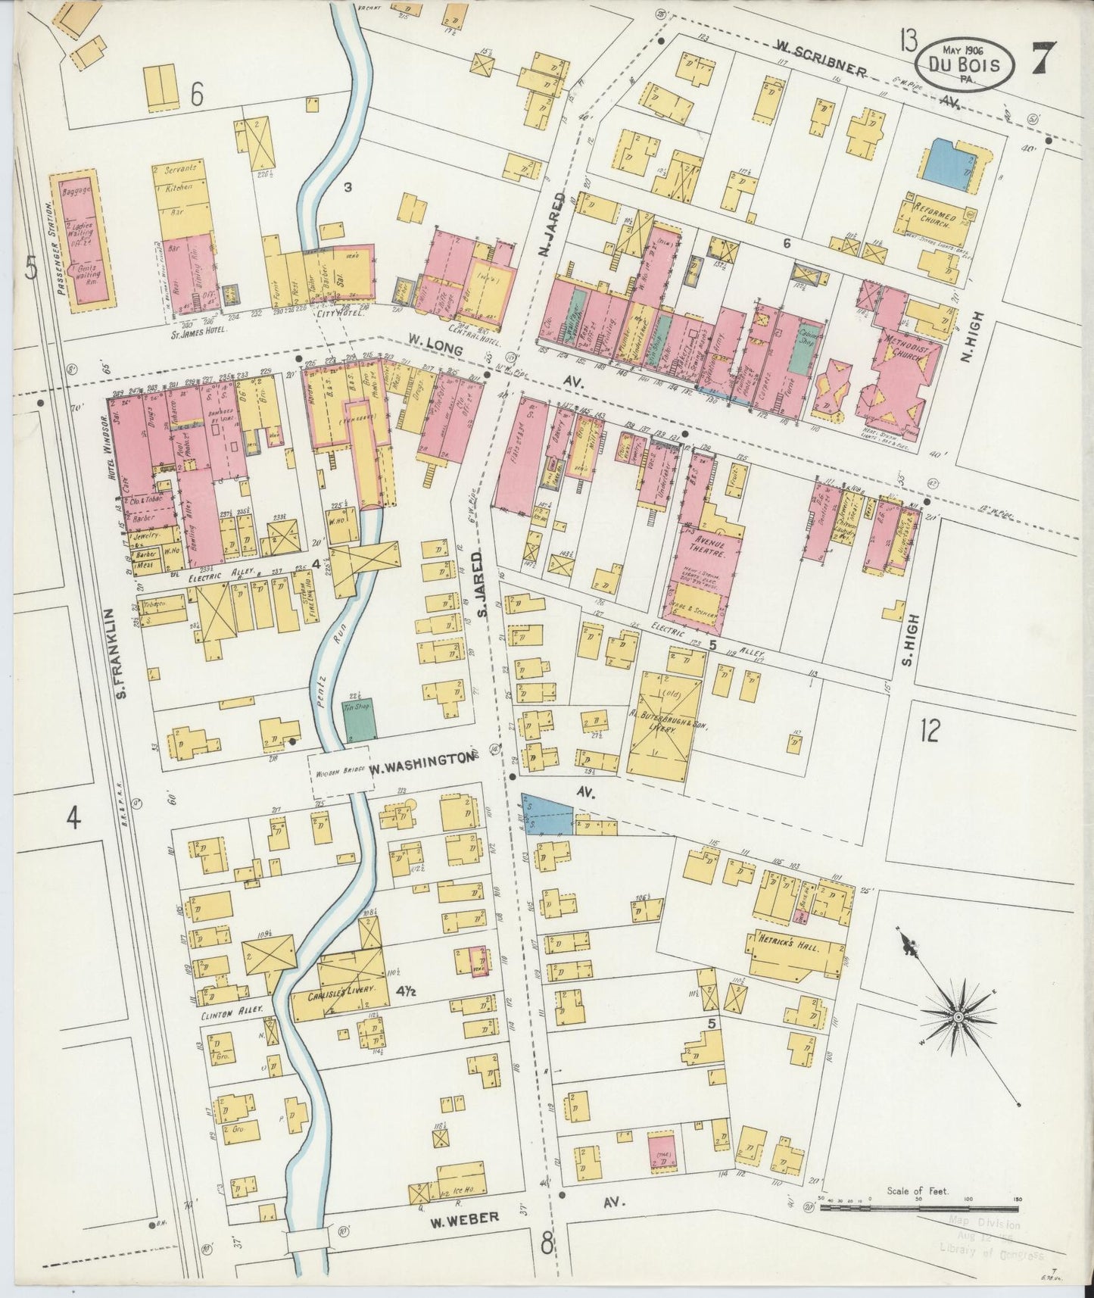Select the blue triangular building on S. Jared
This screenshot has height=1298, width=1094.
click(x=544, y=816)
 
